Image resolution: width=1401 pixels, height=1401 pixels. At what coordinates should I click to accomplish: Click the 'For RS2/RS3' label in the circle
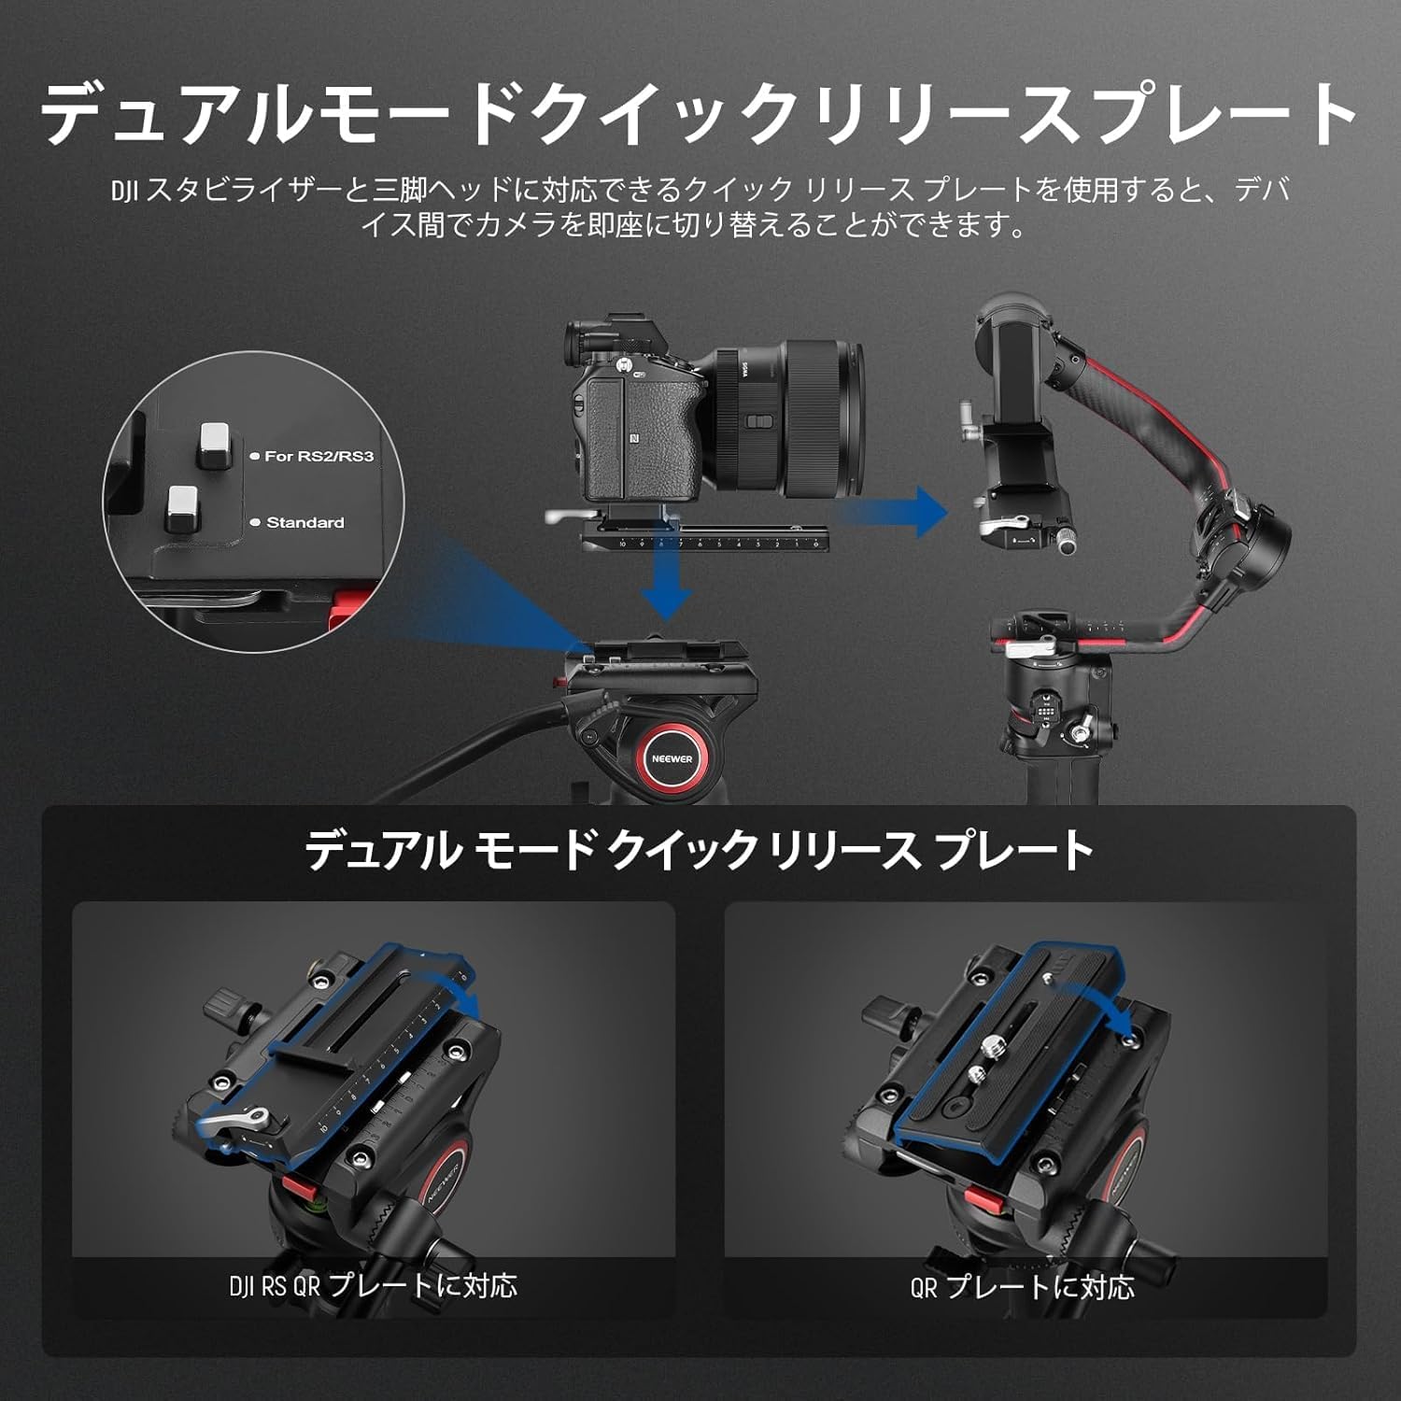point(318,456)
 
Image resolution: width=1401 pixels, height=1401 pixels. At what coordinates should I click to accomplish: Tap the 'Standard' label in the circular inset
point(304,522)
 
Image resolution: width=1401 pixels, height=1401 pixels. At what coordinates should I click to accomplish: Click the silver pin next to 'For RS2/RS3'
point(216,445)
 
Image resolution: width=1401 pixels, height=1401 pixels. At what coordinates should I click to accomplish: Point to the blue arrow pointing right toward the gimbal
point(897,511)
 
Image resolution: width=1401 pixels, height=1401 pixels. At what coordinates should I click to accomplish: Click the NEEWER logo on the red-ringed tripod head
point(672,758)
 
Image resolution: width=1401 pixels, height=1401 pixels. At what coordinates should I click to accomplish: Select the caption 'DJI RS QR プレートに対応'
point(373,1286)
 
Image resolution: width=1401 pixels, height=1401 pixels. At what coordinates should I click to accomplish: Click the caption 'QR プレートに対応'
point(1023,1287)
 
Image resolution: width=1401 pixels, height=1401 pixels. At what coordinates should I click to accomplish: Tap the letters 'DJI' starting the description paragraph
point(124,191)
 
